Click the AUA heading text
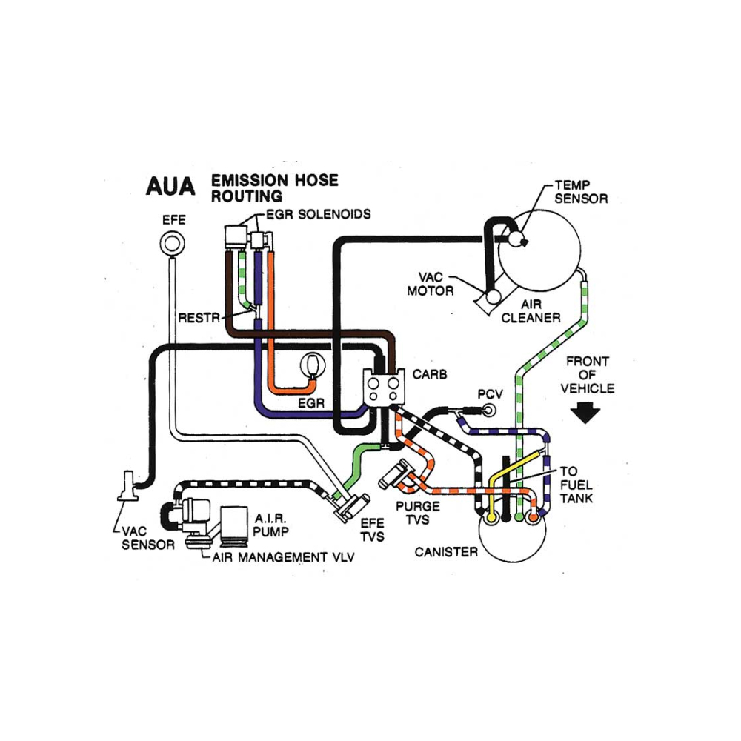(x=170, y=186)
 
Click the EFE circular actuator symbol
(x=172, y=243)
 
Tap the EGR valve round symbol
(x=313, y=366)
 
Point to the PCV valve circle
(x=490, y=410)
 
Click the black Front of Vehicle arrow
(x=585, y=413)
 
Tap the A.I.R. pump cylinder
(x=234, y=524)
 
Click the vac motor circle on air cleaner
(x=494, y=296)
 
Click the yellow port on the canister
(x=491, y=518)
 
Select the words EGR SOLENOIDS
(x=319, y=215)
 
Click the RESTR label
(x=199, y=318)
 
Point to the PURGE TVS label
(x=418, y=513)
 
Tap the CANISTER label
(x=446, y=551)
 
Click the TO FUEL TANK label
(x=576, y=485)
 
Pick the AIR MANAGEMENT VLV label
(x=283, y=557)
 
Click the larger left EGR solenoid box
(x=236, y=237)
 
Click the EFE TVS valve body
(x=350, y=508)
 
